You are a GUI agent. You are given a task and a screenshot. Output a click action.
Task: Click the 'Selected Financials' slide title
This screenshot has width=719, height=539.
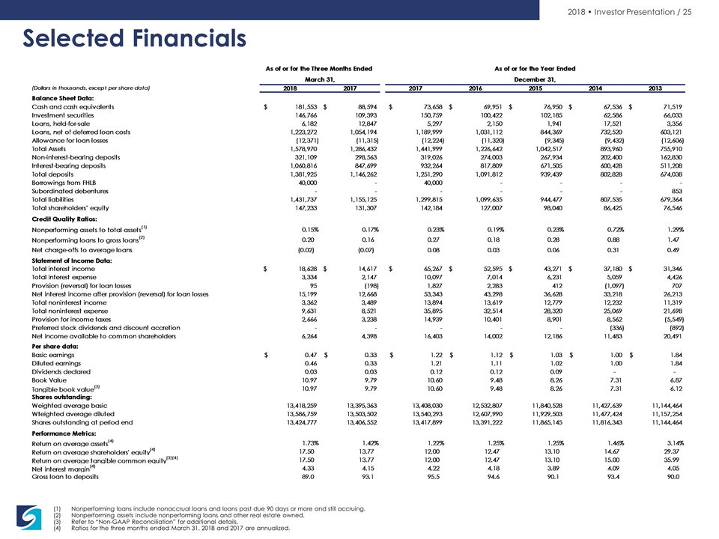[x=134, y=38]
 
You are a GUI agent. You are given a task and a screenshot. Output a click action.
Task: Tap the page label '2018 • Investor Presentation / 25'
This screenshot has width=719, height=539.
[x=630, y=12]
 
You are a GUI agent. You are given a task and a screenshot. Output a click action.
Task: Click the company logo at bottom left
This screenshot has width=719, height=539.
[x=28, y=517]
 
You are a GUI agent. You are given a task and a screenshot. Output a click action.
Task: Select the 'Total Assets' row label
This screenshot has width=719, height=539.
[x=49, y=149]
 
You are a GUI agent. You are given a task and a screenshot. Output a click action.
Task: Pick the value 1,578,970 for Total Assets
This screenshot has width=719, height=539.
[x=303, y=149]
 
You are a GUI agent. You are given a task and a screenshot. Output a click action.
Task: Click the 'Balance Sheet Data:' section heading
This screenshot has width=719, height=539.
[x=63, y=98]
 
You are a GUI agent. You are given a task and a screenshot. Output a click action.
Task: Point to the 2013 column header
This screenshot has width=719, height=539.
[x=655, y=88]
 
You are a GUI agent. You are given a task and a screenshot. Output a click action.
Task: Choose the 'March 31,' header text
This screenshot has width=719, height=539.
[x=320, y=79]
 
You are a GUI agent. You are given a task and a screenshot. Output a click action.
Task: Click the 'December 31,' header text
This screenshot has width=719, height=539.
[x=535, y=79]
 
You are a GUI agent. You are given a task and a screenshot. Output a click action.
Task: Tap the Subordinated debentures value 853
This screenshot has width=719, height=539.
[x=677, y=191]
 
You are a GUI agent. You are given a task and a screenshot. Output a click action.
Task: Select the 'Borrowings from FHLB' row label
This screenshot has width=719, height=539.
[x=64, y=183]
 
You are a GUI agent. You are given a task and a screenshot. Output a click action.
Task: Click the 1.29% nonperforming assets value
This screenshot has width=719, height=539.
[x=675, y=230]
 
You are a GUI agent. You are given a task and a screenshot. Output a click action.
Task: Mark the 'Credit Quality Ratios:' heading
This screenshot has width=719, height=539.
[x=64, y=219]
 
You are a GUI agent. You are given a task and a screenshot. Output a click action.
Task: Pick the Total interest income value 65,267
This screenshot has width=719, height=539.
[x=434, y=269]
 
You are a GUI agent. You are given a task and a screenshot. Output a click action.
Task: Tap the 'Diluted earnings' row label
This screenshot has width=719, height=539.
[x=56, y=364]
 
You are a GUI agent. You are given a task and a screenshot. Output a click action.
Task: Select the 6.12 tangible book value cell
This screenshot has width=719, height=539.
[x=676, y=389]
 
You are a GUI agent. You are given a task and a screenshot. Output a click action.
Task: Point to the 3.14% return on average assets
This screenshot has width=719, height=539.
[x=676, y=443]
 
